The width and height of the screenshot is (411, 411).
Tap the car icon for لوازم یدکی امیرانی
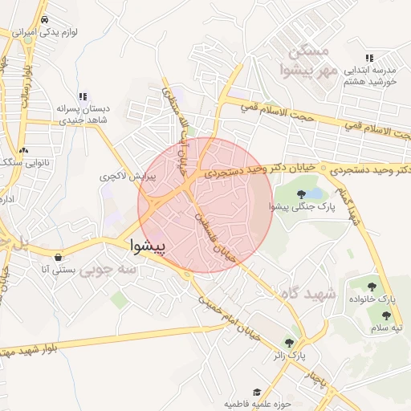44,19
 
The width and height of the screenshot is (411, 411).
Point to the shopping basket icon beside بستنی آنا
59,258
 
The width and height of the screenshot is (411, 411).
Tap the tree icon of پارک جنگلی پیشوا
301,194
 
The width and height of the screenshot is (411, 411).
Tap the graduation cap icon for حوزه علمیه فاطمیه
257,392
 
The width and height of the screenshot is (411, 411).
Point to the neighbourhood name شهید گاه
307,294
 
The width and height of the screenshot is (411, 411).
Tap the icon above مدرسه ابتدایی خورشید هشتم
369,58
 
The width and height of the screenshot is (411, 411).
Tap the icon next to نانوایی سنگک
23,150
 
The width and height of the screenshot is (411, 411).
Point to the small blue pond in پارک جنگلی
315,194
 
